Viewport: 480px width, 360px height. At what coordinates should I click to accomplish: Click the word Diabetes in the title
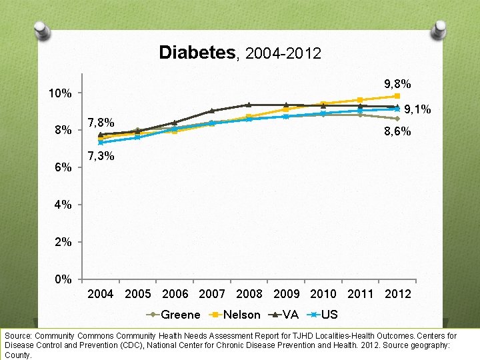point(197,53)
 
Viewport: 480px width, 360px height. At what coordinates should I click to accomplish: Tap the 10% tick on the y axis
point(60,93)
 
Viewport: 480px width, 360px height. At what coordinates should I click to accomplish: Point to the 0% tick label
point(63,279)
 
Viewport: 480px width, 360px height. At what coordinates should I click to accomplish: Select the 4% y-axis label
point(63,205)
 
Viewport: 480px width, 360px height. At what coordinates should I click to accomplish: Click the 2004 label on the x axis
point(101,294)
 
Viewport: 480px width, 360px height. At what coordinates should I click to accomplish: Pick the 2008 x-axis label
point(249,294)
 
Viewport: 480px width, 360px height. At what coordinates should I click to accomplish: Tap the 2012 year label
point(398,294)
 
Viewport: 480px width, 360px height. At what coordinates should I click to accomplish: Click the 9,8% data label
point(397,85)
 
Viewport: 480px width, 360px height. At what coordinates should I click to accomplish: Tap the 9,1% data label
point(417,109)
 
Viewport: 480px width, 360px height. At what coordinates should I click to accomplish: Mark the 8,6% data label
point(397,133)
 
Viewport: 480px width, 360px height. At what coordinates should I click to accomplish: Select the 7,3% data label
point(101,156)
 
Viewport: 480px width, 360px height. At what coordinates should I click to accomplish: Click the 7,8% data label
point(101,123)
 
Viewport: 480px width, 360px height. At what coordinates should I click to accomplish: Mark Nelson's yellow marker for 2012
point(397,96)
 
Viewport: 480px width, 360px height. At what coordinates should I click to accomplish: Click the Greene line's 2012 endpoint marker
point(397,119)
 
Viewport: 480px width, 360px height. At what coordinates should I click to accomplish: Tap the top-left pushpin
point(43,28)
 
